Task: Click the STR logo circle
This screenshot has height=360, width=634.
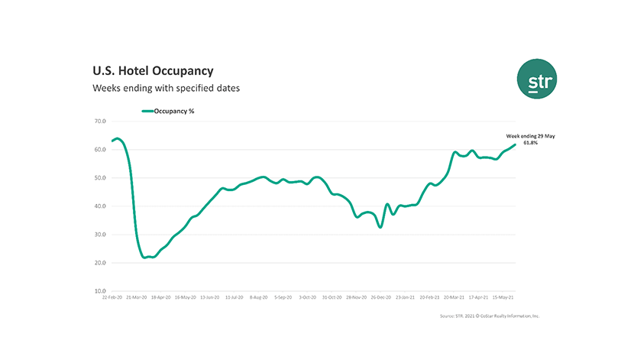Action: pyautogui.click(x=526, y=79)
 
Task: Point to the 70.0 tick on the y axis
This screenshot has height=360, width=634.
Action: pyautogui.click(x=100, y=121)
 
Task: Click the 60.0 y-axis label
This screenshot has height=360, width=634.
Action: pyautogui.click(x=100, y=149)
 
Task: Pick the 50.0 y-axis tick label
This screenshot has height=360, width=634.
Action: pyautogui.click(x=100, y=178)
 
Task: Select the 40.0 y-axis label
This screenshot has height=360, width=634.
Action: pyautogui.click(x=100, y=206)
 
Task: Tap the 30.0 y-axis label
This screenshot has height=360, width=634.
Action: pyautogui.click(x=100, y=235)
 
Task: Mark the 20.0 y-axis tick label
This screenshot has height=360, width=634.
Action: pyautogui.click(x=100, y=263)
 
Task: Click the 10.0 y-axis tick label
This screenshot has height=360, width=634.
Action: pyautogui.click(x=100, y=291)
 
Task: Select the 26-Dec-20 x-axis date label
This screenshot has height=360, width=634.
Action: pyautogui.click(x=379, y=297)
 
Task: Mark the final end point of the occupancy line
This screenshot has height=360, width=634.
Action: pyautogui.click(x=515, y=144)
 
